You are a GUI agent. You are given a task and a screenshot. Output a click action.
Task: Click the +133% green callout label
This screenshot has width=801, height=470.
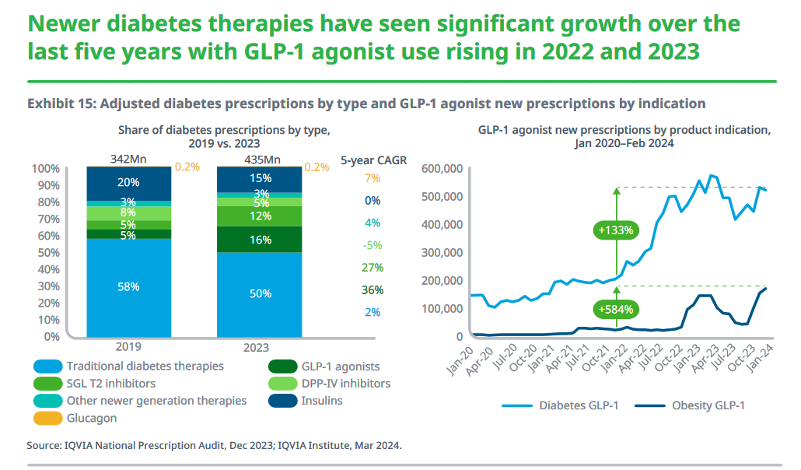[x=616, y=230]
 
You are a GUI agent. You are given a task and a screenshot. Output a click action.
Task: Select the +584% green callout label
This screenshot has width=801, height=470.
[x=616, y=309]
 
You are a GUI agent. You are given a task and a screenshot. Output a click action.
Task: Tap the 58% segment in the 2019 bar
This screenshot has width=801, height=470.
[x=129, y=287]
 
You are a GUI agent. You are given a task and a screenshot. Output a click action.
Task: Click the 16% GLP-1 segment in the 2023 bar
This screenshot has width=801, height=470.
[x=261, y=240]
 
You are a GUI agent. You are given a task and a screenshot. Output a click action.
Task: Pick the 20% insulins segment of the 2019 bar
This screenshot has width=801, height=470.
[x=129, y=182]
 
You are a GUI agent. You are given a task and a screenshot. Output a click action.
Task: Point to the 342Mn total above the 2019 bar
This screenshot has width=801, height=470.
[x=128, y=160]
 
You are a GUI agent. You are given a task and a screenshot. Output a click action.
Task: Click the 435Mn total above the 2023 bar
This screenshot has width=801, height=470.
[x=261, y=160]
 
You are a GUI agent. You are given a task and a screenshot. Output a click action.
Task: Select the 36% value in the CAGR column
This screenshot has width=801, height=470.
[x=372, y=290]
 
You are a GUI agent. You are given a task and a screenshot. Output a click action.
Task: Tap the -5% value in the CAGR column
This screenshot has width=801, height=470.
[x=372, y=245]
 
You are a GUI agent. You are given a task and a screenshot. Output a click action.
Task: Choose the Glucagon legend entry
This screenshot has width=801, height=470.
[x=93, y=418]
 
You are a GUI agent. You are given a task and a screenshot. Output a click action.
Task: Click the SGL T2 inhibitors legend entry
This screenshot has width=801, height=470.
[x=110, y=383]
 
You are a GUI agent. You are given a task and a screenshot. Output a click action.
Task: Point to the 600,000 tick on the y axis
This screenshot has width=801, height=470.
[x=441, y=169]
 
